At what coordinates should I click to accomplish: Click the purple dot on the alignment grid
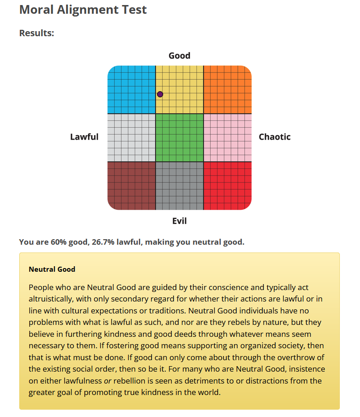point(160,94)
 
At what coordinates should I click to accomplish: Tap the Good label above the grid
point(180,56)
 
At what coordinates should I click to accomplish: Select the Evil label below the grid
point(180,221)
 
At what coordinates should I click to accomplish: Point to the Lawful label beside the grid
point(84,137)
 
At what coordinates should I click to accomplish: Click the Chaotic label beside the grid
point(275,137)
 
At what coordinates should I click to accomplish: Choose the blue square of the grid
point(131,90)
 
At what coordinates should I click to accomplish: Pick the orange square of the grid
point(228,90)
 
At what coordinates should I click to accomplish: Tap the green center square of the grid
point(180,137)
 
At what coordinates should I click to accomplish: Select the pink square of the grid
point(228,137)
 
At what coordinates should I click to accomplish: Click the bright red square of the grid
point(228,186)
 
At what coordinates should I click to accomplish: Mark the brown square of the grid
point(131,186)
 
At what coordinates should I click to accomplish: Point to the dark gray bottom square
point(180,186)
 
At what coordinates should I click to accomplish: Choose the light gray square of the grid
point(131,137)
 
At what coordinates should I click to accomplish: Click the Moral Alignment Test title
point(83,10)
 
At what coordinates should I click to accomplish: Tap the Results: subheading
point(37,33)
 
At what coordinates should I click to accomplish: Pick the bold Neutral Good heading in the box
point(52,269)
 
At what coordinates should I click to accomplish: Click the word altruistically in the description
point(52,299)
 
